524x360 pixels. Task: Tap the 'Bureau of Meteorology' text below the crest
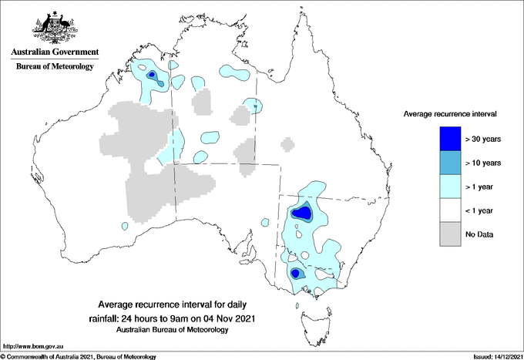tap(55, 67)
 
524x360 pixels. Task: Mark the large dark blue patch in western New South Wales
tap(302, 212)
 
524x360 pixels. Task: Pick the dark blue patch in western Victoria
tap(296, 273)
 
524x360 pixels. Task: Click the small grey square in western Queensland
tap(287, 144)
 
